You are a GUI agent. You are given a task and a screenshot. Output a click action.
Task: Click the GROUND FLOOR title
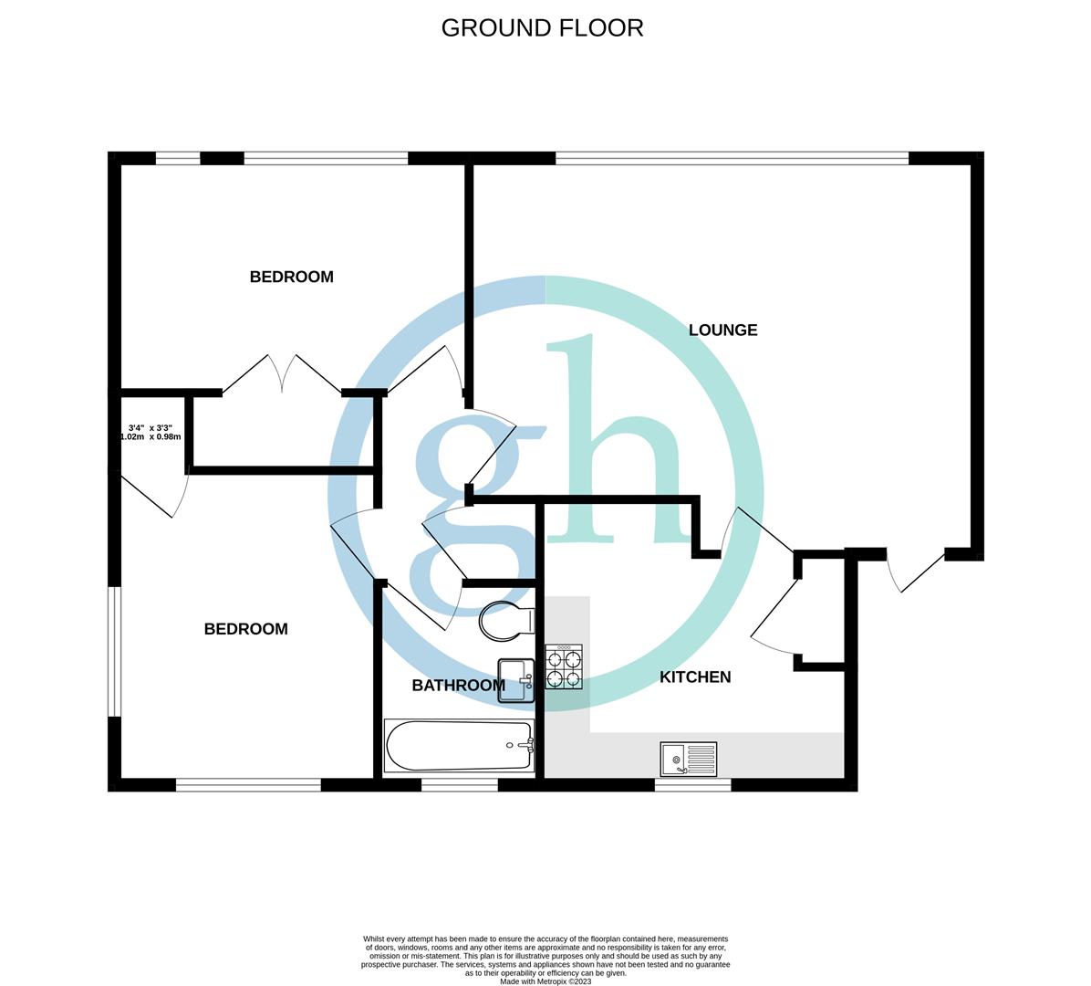point(542,28)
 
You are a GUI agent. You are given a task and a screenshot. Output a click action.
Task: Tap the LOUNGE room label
point(723,330)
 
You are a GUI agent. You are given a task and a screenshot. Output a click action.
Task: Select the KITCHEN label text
point(695,677)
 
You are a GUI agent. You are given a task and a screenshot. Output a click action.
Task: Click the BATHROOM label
point(459,686)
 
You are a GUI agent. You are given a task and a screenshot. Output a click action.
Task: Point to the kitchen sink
point(688,759)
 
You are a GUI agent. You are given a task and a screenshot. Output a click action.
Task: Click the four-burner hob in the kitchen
point(564,666)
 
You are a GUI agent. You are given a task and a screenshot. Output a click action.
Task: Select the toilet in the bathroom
point(506,621)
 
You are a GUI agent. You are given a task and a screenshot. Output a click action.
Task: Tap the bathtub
point(459,746)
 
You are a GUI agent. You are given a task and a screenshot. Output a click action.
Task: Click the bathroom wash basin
point(516,680)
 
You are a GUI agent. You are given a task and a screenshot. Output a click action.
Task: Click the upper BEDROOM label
point(292,278)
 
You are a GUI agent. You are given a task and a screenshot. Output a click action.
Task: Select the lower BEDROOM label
point(245,629)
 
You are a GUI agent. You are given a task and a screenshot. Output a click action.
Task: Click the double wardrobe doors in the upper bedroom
point(282,374)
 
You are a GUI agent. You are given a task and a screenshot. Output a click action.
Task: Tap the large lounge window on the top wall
point(732,158)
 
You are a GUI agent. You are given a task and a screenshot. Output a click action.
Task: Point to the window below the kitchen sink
point(693,785)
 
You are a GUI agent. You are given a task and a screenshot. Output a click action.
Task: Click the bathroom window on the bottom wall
point(460,785)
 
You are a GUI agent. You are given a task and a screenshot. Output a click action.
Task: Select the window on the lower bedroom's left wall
point(114,652)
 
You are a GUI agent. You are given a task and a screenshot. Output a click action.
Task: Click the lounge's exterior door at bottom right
point(917,571)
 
